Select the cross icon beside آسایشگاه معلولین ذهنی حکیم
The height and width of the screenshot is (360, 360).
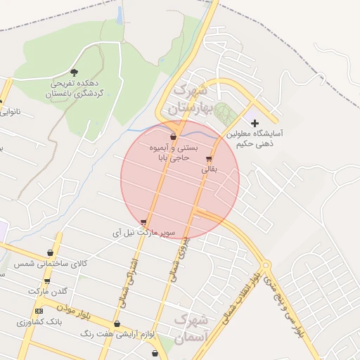[x=255, y=124]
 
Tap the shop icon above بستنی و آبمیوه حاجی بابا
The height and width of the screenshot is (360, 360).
[x=173, y=136]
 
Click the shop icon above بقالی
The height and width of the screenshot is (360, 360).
[x=210, y=159]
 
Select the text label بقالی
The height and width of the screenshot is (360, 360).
[x=210, y=169]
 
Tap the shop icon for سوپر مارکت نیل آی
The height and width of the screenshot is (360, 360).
[x=144, y=222]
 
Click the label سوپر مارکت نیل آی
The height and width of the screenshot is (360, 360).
[x=145, y=232]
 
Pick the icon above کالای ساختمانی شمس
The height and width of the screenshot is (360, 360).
[x=50, y=252]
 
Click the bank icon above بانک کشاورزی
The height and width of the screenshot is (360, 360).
[x=39, y=311]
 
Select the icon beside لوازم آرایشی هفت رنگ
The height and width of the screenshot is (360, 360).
[x=117, y=324]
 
